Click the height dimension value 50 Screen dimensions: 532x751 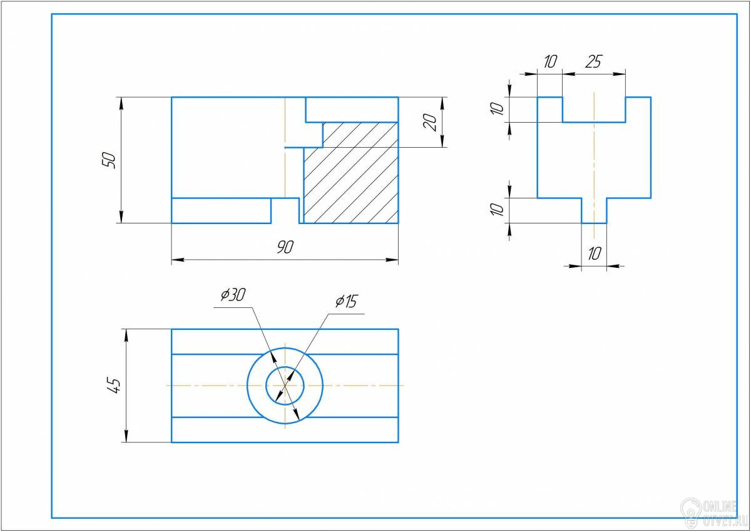pyautogui.click(x=109, y=160)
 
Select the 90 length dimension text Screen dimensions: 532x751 pyautogui.click(x=285, y=247)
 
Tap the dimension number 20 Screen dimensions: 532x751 pyautogui.click(x=430, y=122)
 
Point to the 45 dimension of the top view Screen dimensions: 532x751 pyautogui.click(x=115, y=386)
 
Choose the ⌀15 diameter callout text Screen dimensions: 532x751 pyautogui.click(x=345, y=302)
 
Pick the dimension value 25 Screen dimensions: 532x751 pyautogui.click(x=593, y=61)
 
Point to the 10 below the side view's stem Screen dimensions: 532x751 pyautogui.click(x=594, y=253)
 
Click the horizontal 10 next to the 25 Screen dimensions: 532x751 pyautogui.click(x=549, y=61)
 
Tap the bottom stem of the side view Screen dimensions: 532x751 pyautogui.click(x=594, y=210)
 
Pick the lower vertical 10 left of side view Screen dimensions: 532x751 pyautogui.click(x=496, y=210)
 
